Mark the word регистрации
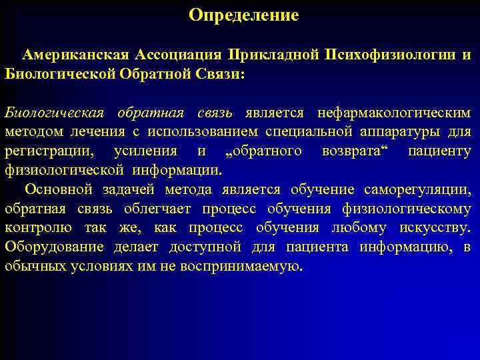click(49, 151)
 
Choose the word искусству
click(435, 229)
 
